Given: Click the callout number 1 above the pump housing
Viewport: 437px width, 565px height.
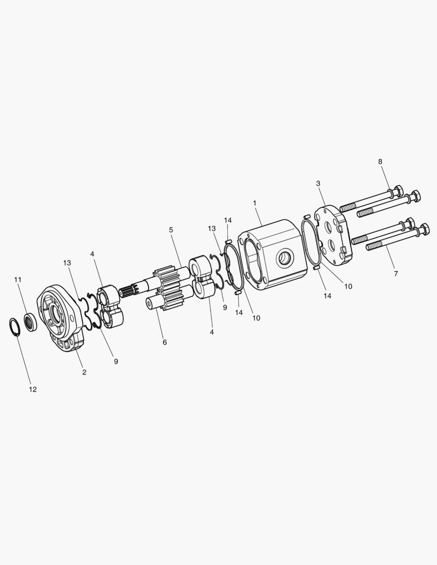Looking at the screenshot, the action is click(x=254, y=203).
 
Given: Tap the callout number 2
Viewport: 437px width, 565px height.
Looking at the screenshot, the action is click(x=84, y=372).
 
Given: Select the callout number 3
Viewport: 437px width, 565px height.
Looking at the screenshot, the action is click(x=318, y=184).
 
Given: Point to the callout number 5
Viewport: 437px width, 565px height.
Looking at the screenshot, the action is click(x=171, y=230).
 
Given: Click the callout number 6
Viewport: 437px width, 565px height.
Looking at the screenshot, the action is click(x=165, y=342).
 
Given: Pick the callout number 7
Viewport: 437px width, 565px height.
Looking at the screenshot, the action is click(x=396, y=274).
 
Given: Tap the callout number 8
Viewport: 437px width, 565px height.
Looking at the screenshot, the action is click(x=380, y=162).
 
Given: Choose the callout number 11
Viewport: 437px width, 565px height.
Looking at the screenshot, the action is click(x=18, y=279).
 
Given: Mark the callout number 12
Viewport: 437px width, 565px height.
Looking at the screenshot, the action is click(x=33, y=389).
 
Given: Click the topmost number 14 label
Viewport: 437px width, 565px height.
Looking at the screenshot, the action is click(x=228, y=220).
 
